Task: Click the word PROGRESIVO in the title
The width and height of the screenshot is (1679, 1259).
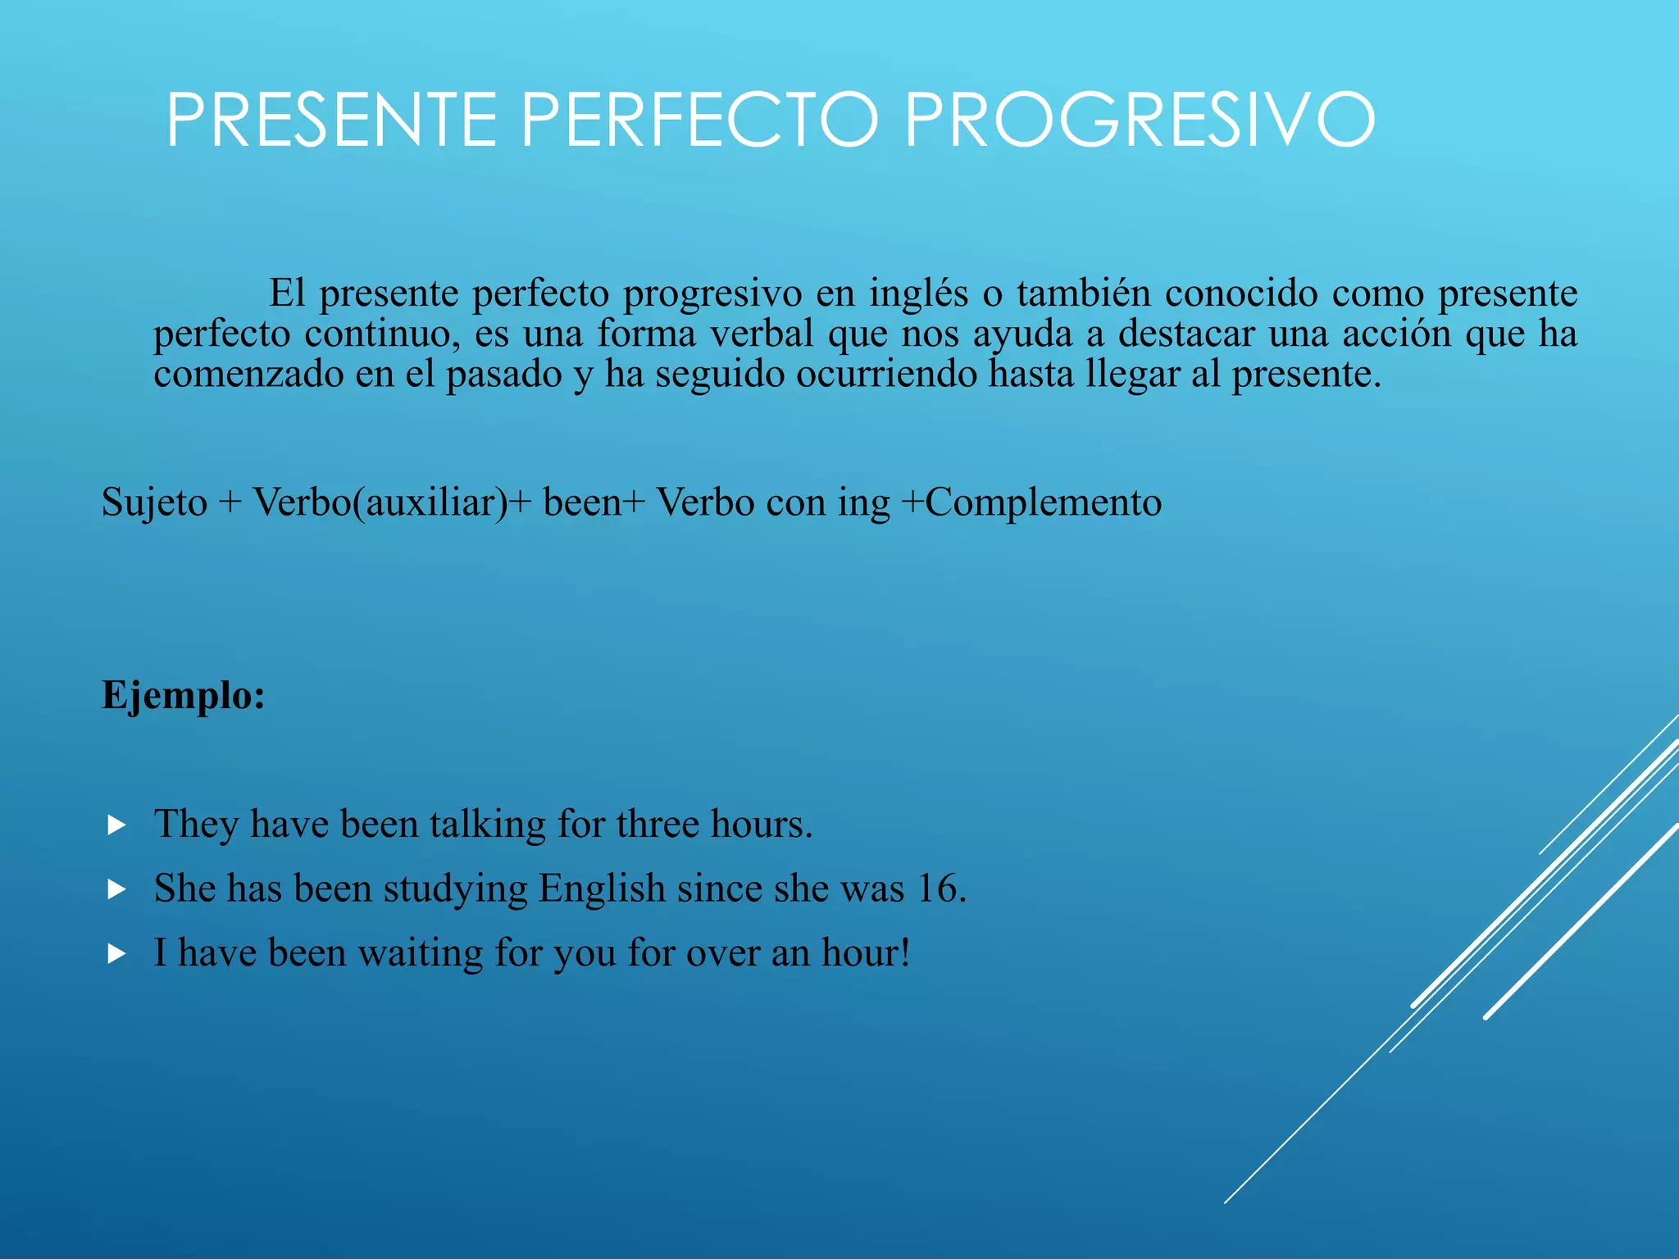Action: pos(1140,120)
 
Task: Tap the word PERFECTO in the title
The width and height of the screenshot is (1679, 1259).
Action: pos(700,120)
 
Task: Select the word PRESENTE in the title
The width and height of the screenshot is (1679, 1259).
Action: pos(332,120)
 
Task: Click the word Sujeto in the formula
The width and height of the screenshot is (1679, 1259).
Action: pos(154,502)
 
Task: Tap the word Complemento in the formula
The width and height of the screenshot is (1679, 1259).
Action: pos(1043,502)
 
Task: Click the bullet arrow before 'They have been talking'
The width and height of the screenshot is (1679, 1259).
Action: pos(116,825)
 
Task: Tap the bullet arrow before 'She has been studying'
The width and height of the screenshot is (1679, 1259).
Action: pos(116,889)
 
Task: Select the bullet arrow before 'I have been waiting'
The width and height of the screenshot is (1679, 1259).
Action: pos(116,953)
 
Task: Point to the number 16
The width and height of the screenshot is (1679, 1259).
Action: pos(940,889)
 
